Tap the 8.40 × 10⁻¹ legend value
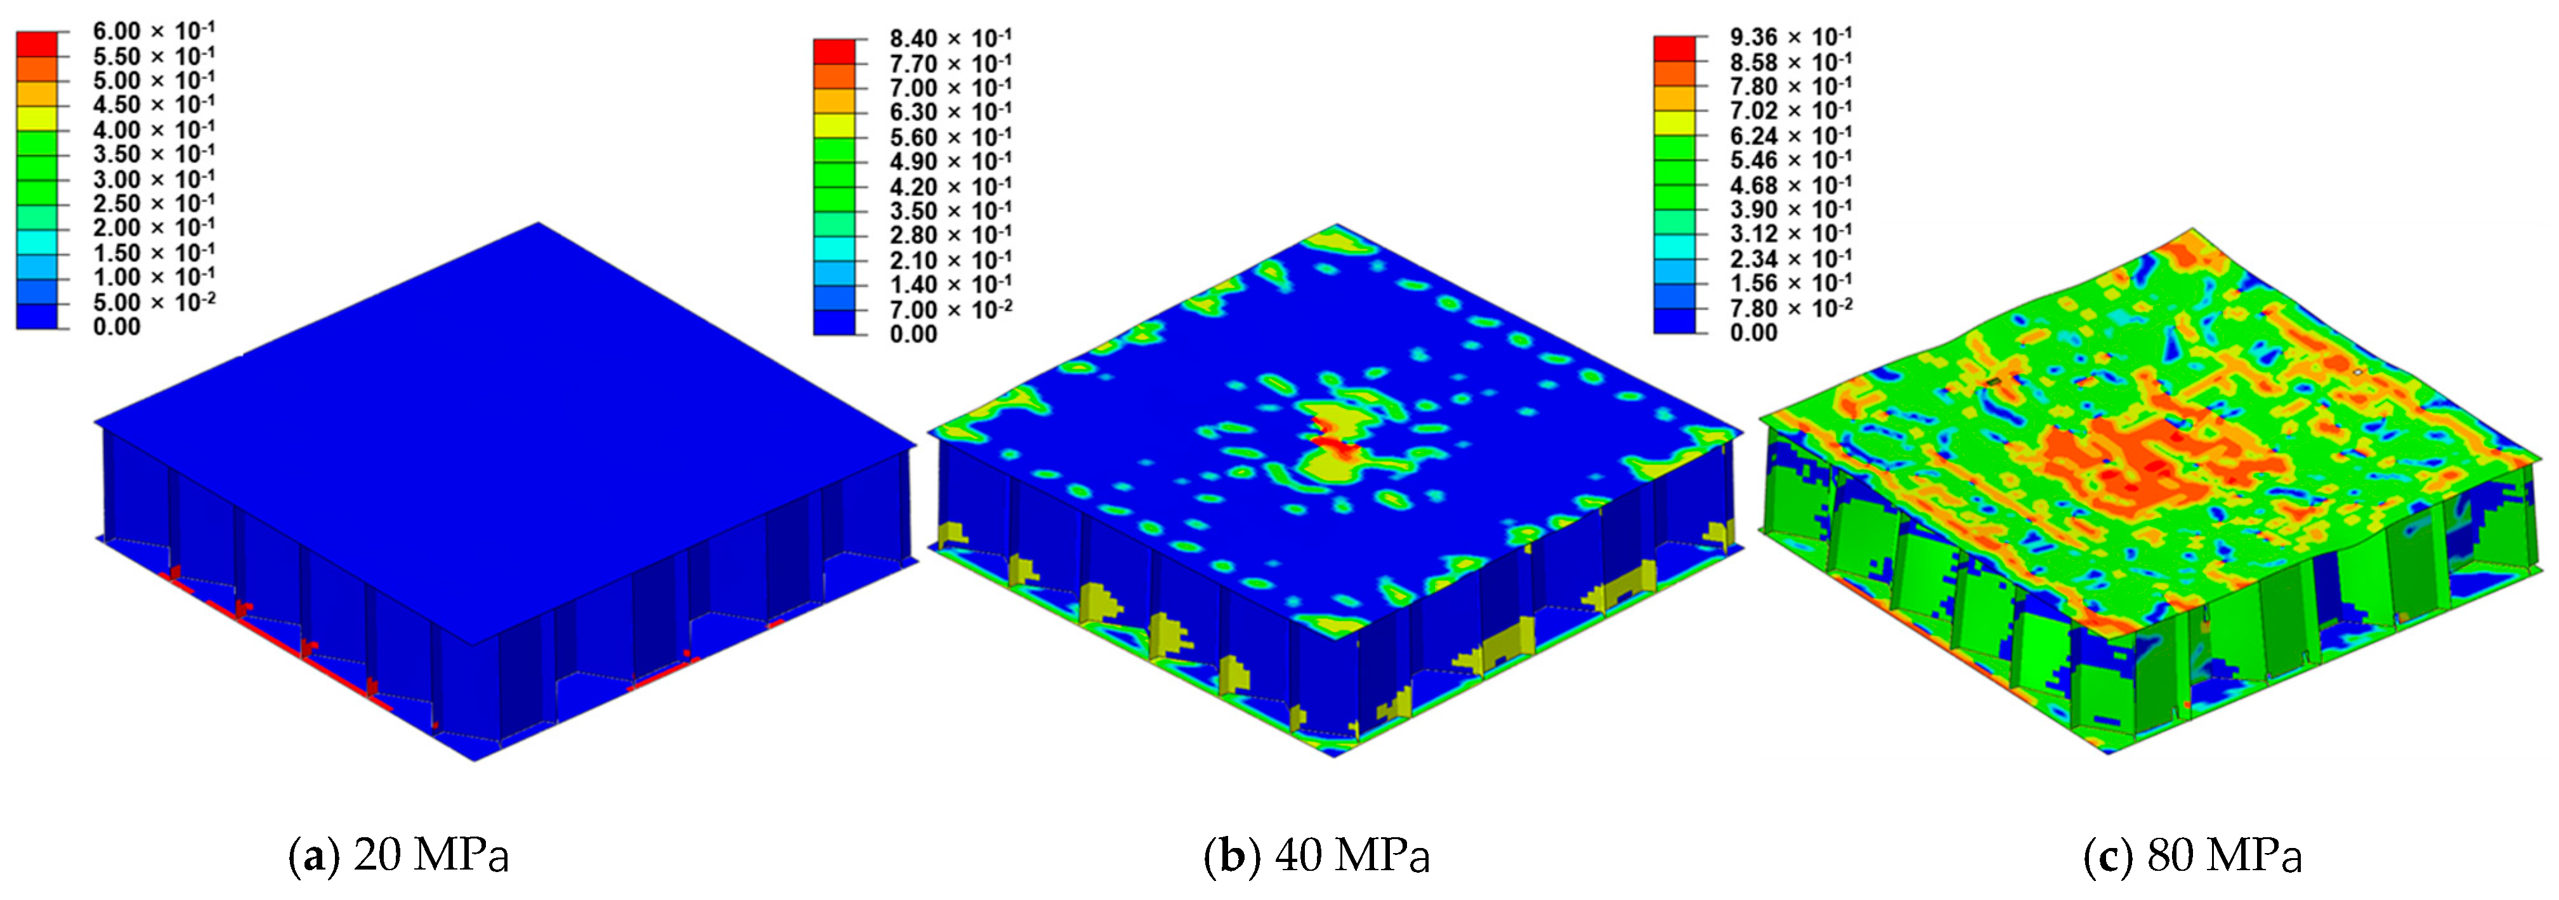[950, 39]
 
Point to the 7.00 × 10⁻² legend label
[950, 309]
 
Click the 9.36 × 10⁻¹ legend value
[1790, 37]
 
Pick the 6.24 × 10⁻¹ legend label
[1790, 135]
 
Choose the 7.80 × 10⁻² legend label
[1790, 308]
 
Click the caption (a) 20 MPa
[398, 854]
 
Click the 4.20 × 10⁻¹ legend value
[950, 186]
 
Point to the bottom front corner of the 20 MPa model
[476, 760]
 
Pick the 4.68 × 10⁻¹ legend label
[1790, 185]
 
